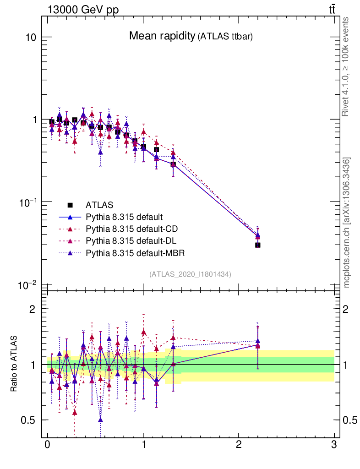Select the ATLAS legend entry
coord(99,205)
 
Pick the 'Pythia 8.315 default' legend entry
coord(124,217)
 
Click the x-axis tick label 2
coord(239,445)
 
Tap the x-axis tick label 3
coord(334,445)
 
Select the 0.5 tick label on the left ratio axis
coord(28,420)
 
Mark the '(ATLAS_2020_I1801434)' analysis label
coord(190,274)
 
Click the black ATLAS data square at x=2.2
coord(258,245)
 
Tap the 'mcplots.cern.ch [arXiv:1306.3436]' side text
coord(347,223)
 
